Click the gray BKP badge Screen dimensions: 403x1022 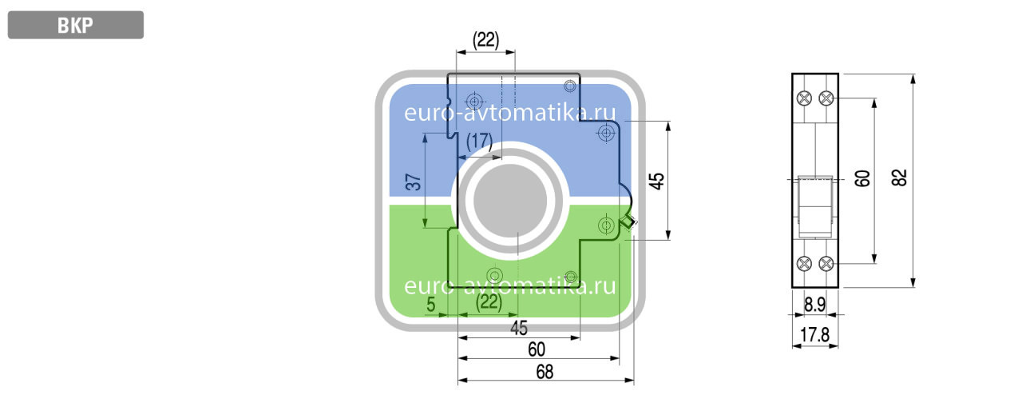click(x=75, y=25)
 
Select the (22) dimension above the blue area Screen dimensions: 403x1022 click(x=485, y=40)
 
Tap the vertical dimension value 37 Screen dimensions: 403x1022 click(x=413, y=182)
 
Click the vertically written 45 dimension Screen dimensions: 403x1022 click(x=656, y=180)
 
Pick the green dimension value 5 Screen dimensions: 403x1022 click(x=431, y=304)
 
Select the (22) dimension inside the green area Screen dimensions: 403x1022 click(x=488, y=302)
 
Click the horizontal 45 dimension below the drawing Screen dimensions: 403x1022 click(x=519, y=328)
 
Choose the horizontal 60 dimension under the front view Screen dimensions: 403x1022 click(x=537, y=349)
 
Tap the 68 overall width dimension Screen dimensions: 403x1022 click(x=545, y=372)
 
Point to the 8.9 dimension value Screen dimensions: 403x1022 click(x=814, y=305)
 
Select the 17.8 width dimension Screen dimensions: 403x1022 click(x=814, y=334)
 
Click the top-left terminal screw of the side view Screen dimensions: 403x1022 click(x=804, y=98)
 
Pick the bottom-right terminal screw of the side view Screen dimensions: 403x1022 click(x=826, y=263)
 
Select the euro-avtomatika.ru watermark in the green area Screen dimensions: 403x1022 click(x=511, y=286)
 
